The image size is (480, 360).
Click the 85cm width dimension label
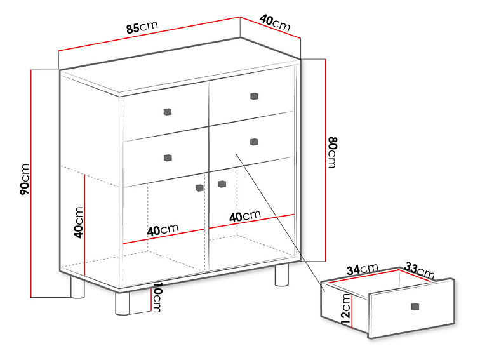point(142,27)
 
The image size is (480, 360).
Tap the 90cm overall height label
point(25,179)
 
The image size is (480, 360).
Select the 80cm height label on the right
point(332,152)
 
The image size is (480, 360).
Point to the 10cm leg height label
point(156,297)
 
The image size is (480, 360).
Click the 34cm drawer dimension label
point(363,269)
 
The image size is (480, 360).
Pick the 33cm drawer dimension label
point(420,270)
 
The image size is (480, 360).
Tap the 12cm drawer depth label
point(346,309)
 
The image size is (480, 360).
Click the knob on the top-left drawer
point(167,112)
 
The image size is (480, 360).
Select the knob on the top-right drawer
point(254,97)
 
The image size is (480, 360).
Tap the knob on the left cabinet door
point(199,188)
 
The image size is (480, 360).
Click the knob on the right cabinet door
point(222,184)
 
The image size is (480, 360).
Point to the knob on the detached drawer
point(415,307)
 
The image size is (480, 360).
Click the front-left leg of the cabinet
point(123,303)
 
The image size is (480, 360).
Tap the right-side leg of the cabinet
point(282,275)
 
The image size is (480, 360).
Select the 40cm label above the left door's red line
point(163,230)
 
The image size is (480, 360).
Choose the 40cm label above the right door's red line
point(245,216)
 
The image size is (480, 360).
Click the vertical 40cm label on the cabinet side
point(78,223)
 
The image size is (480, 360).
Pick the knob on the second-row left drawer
point(168,158)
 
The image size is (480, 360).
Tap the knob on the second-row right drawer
point(254,142)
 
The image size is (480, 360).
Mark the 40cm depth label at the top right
point(275,23)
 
